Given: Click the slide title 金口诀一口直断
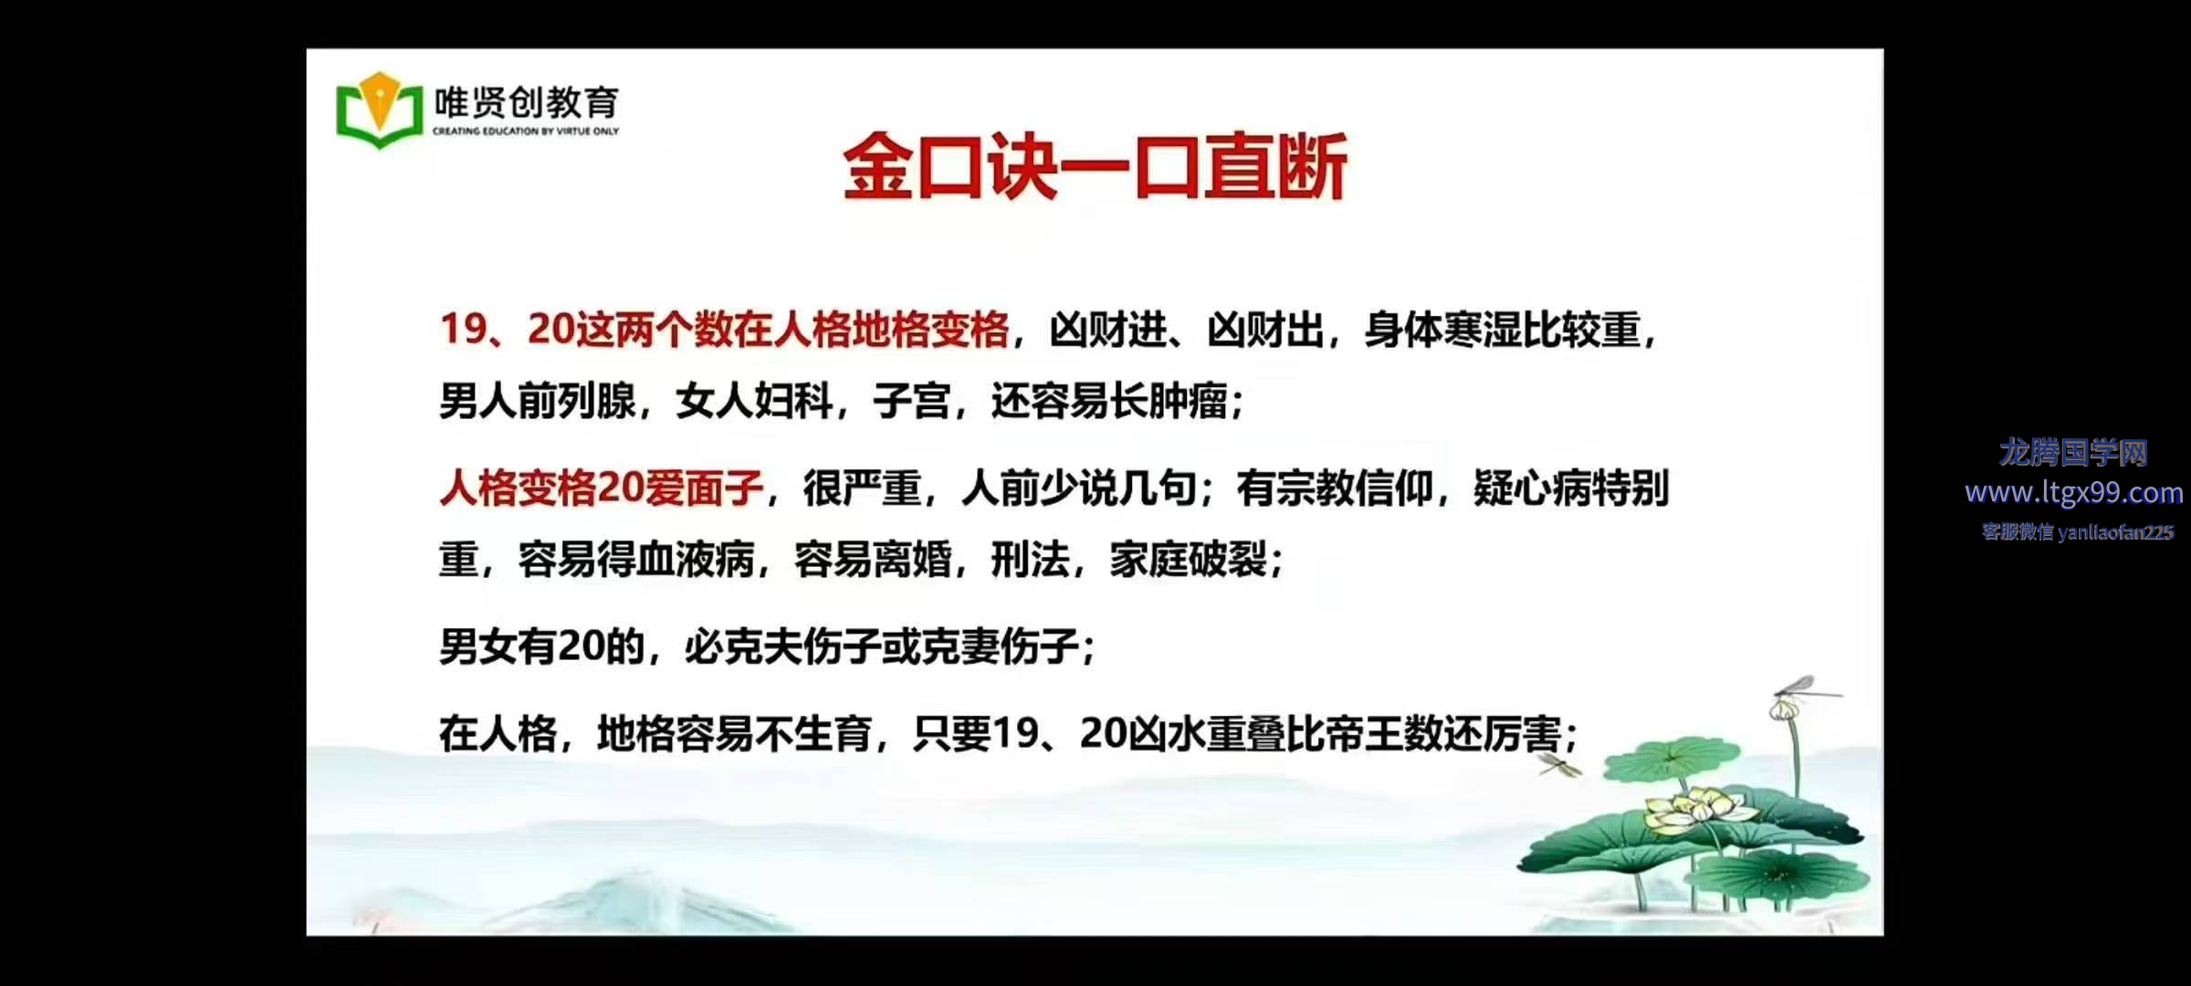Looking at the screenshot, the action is point(1095,166).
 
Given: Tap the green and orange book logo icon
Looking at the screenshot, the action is point(380,110).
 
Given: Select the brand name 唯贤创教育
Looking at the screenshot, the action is point(527,102).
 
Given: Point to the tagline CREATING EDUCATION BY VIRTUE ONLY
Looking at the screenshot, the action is point(526,131).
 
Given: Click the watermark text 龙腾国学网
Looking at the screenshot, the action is point(2073,452).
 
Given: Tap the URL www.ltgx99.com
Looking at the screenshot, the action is point(2074,493).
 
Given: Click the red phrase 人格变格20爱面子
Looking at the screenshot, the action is point(601,488).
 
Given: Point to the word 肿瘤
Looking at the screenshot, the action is point(1189,401).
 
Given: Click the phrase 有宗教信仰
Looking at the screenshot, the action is point(1335,488).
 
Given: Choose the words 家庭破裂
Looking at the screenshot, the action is point(1189,560).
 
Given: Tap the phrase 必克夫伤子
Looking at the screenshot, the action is point(782,647).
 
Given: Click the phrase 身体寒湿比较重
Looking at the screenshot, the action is point(1503,330).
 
